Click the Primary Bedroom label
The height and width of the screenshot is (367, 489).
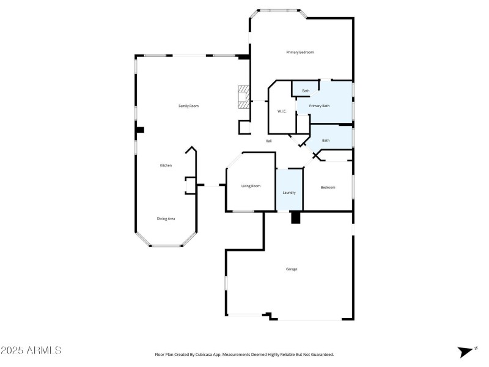tap(300, 53)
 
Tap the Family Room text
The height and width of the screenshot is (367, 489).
tap(188, 106)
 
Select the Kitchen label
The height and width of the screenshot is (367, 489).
tap(166, 166)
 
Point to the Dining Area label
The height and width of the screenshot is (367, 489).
tap(166, 218)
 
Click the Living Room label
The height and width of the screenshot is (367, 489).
tap(251, 186)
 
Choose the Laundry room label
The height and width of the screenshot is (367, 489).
tap(289, 193)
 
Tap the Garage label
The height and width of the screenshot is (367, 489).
tap(292, 269)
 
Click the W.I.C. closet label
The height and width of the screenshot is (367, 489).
tap(282, 111)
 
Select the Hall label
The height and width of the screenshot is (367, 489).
tap(268, 141)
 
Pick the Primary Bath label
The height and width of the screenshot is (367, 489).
tap(319, 106)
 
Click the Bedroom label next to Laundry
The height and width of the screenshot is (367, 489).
tap(328, 188)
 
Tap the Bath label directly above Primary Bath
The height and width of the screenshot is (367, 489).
tap(306, 91)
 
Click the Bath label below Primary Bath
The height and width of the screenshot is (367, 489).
tap(326, 141)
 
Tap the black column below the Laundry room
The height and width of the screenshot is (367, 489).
tap(296, 218)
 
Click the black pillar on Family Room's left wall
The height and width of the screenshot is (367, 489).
tap(140, 130)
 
